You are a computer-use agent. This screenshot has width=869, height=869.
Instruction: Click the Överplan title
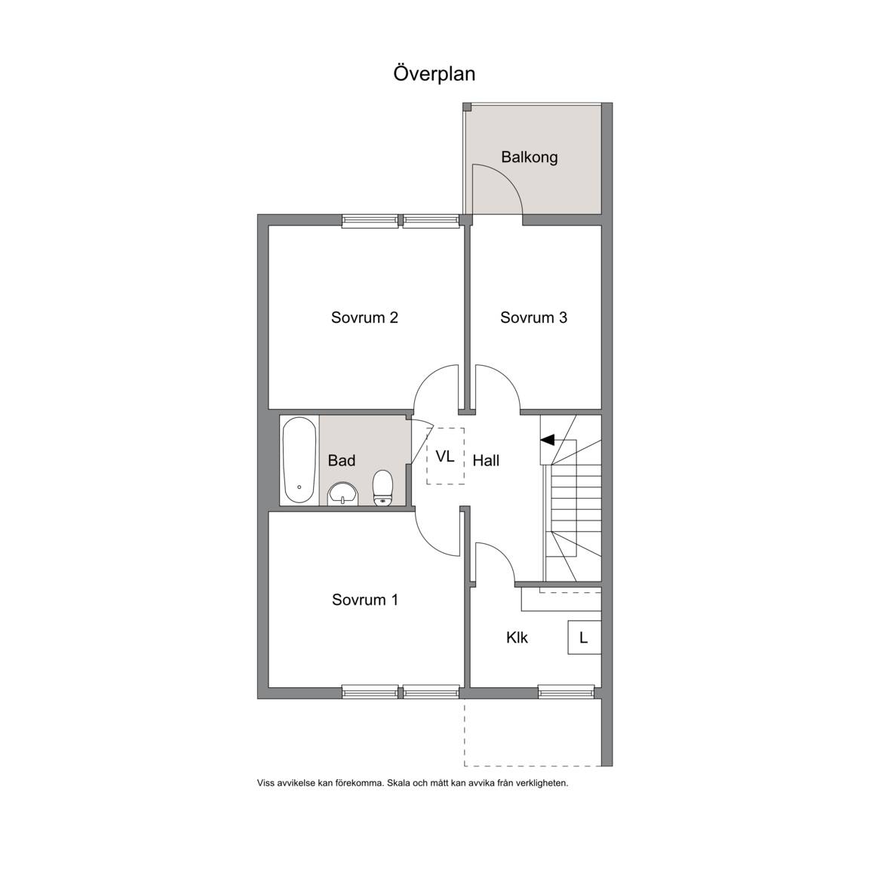(434, 74)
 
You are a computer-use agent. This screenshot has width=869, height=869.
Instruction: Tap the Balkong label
(530, 157)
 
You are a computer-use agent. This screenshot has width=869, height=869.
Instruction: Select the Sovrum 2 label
(364, 318)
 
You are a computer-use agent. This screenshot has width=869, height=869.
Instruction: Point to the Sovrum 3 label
(533, 318)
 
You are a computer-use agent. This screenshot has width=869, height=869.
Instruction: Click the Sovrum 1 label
(364, 600)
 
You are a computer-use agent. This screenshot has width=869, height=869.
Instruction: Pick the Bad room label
(342, 461)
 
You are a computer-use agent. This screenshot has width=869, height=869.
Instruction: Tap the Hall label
(486, 461)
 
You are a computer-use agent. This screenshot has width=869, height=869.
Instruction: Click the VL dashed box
(445, 456)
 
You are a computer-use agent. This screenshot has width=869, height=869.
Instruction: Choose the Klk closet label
(517, 637)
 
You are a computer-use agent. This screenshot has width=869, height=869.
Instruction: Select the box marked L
(584, 637)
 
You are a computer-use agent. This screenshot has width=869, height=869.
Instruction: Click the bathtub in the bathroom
(299, 460)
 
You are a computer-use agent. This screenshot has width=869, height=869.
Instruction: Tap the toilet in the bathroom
(382, 488)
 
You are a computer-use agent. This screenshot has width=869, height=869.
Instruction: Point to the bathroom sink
(343, 494)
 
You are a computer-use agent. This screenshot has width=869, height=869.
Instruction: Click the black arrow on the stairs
(547, 440)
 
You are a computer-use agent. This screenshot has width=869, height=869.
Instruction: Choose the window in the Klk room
(566, 692)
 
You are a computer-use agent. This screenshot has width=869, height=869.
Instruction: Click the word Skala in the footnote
(398, 783)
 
